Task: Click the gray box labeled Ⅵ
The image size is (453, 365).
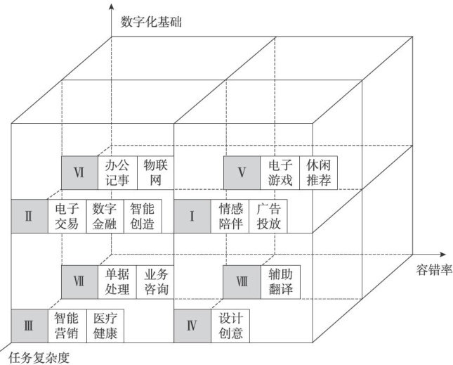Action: pyautogui.click(x=80, y=173)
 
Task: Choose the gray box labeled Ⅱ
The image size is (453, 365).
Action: pyautogui.click(x=29, y=216)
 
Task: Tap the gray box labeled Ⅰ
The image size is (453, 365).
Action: pyautogui.click(x=192, y=216)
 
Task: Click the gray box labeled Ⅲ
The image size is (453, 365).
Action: pyautogui.click(x=29, y=325)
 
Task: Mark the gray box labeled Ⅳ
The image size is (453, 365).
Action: pyautogui.click(x=192, y=325)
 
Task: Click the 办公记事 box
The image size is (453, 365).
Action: pyautogui.click(x=117, y=173)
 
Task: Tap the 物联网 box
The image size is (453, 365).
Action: pyautogui.click(x=154, y=173)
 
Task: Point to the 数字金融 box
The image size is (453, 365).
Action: pyautogui.click(x=105, y=216)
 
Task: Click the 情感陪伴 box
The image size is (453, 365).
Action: pyautogui.click(x=230, y=216)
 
